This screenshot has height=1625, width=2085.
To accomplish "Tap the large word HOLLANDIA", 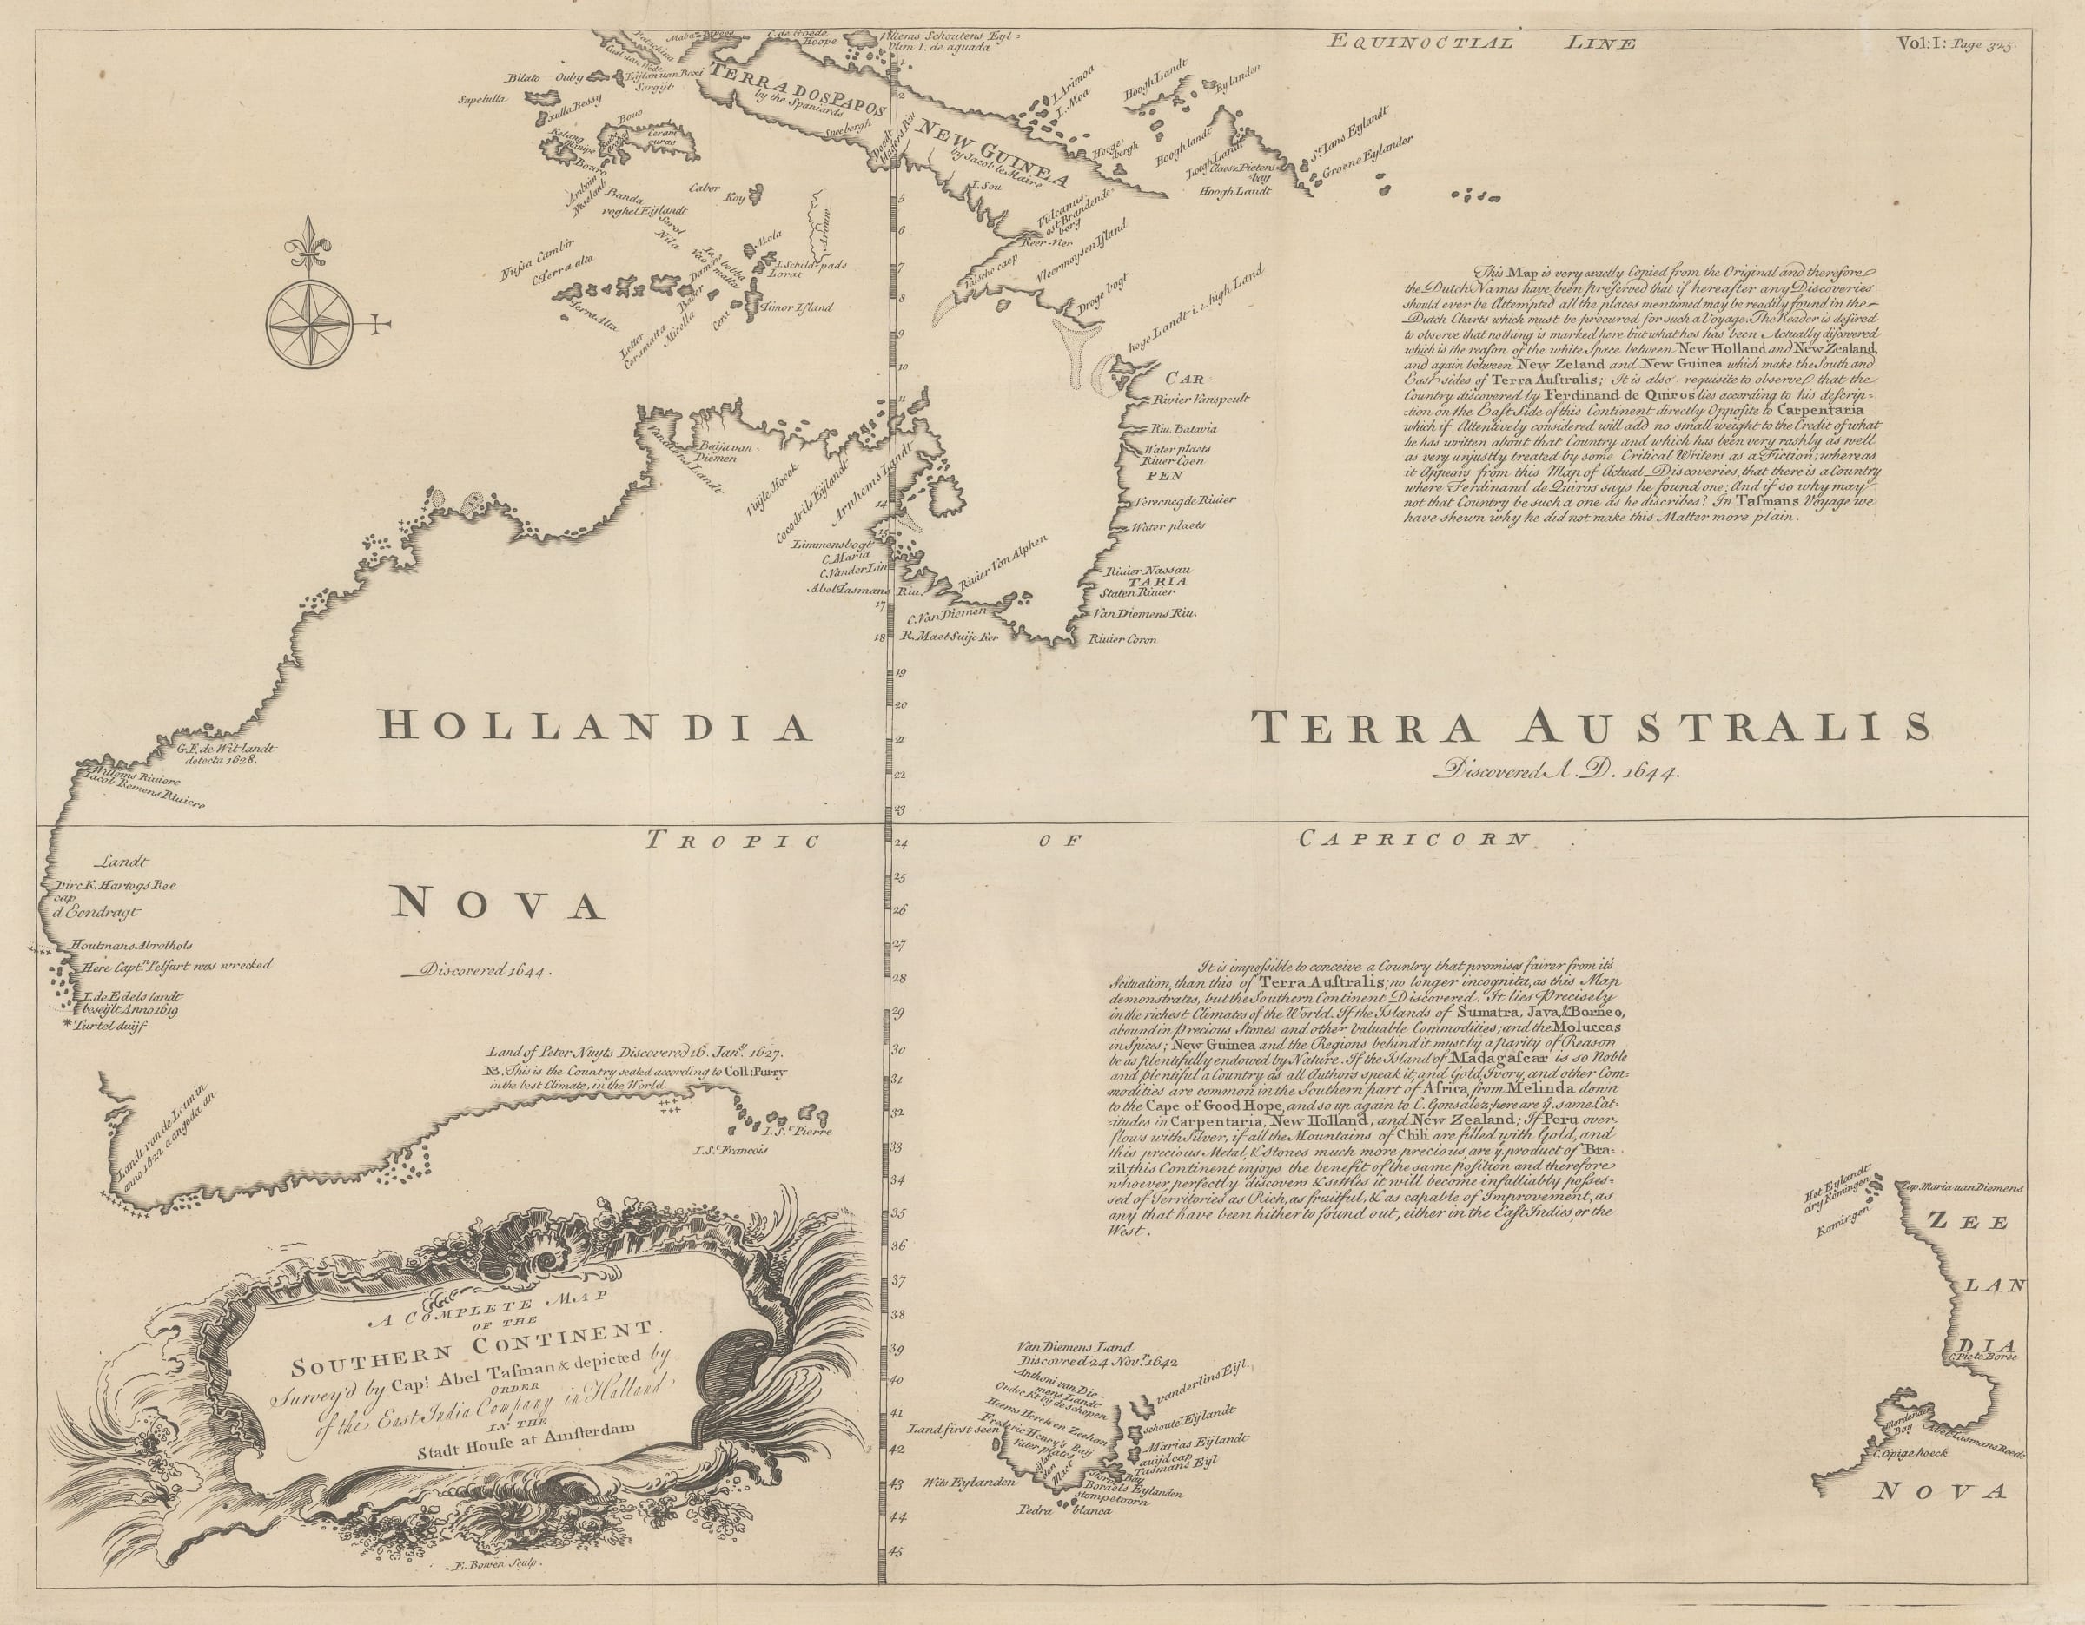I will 595,728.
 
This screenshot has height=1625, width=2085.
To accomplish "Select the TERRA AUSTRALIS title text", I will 1590,728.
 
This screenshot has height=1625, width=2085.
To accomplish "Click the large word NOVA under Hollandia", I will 499,903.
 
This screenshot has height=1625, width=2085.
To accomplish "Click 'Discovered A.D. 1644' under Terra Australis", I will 1556,771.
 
